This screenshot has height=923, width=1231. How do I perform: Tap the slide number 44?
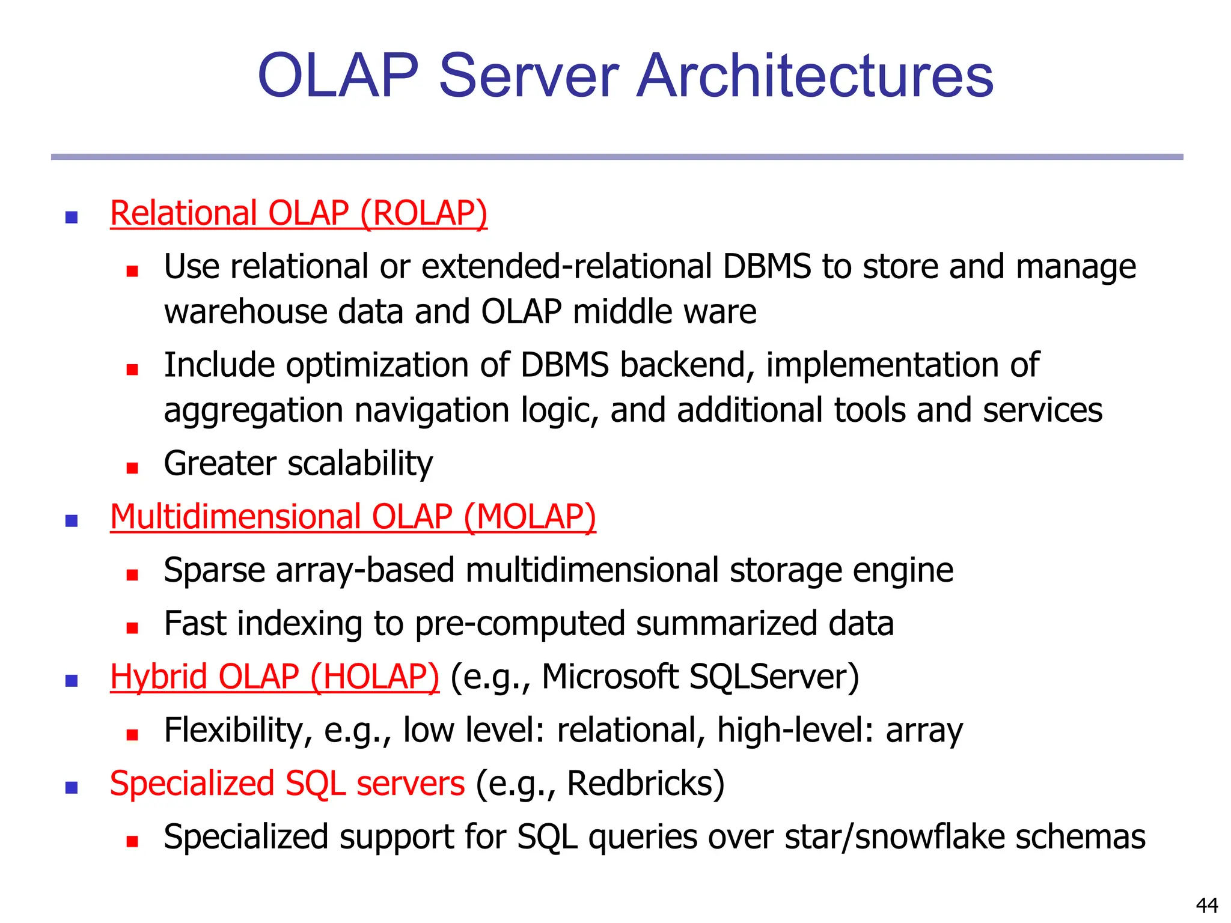coord(1207,905)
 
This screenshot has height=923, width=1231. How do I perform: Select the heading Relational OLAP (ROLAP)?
coord(299,213)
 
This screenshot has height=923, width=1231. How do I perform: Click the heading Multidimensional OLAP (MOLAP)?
coord(353,517)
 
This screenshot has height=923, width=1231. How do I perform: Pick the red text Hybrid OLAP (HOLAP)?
coord(275,677)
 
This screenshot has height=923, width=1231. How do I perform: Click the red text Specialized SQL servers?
coord(287,784)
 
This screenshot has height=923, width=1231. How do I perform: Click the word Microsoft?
coord(610,677)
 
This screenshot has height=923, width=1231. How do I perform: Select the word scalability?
coord(360,464)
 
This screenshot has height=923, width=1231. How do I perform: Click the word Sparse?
coord(214,571)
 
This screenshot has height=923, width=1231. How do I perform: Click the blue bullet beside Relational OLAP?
coord(72,218)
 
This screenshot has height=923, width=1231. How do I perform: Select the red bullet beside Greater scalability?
coord(132,468)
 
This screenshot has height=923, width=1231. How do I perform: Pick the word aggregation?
coord(254,411)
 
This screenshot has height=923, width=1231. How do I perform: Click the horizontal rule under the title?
coord(617,157)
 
